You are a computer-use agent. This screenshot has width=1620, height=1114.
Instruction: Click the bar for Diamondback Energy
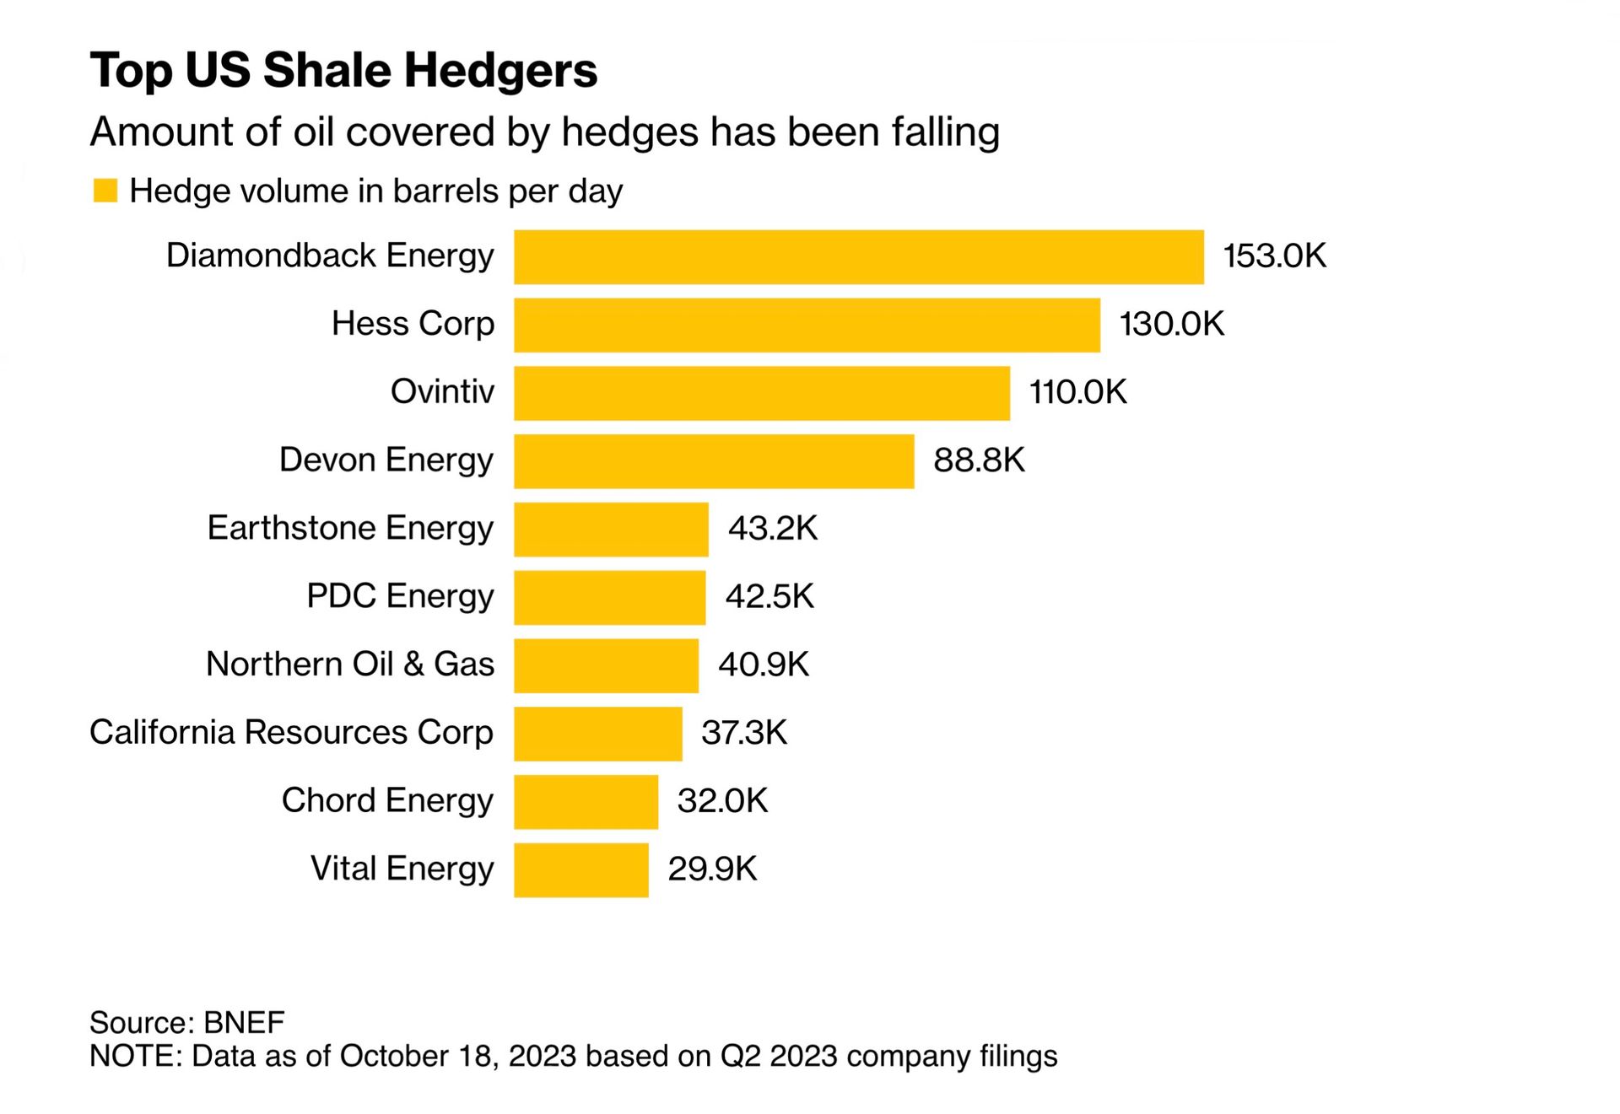click(x=858, y=257)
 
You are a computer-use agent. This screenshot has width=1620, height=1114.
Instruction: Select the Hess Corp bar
click(x=807, y=325)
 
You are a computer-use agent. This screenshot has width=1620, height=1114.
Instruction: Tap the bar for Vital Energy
click(x=580, y=869)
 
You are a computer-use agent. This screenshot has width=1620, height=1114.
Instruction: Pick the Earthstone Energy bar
click(x=611, y=529)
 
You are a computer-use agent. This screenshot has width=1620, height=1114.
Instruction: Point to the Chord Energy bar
click(x=586, y=801)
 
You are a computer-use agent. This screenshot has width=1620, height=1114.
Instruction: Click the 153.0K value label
click(x=1274, y=256)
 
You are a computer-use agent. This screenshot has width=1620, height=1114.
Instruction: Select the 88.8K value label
click(x=979, y=460)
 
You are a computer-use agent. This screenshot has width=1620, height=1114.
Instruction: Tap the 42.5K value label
click(x=769, y=597)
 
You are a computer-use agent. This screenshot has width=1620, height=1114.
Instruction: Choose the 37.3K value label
click(x=743, y=733)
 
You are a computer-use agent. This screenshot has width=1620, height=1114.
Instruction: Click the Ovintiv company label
click(x=442, y=392)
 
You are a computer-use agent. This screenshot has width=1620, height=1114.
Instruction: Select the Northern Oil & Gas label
click(x=349, y=665)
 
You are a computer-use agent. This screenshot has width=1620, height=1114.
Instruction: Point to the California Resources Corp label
click(x=291, y=733)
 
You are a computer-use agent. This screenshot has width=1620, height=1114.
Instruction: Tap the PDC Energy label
click(x=400, y=596)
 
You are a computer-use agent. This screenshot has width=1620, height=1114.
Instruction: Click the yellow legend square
click(x=105, y=191)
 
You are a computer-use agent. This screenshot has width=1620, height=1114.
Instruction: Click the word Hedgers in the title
click(x=500, y=70)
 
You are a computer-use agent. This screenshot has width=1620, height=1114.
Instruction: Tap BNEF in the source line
click(x=244, y=1022)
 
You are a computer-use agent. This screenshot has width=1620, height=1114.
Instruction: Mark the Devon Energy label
click(x=386, y=460)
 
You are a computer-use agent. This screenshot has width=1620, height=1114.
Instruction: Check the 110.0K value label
click(x=1077, y=392)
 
